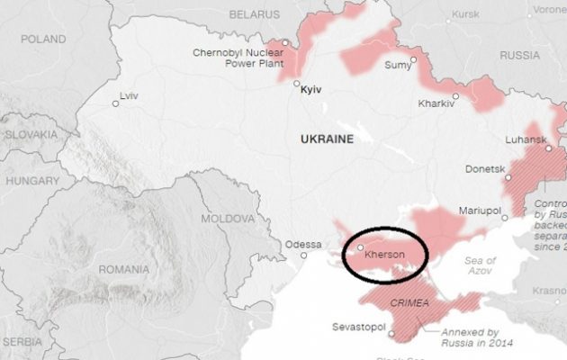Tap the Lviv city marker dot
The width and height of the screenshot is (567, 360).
(115, 103)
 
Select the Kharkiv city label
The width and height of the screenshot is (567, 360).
(436, 103)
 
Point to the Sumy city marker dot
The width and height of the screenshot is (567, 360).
(413, 60)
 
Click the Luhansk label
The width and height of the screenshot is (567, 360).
(527, 139)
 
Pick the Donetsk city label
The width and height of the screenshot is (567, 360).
(483, 167)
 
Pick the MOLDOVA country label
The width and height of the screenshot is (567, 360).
(227, 219)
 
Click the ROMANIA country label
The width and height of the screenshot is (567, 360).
(124, 269)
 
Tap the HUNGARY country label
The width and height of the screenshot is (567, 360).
(31, 180)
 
